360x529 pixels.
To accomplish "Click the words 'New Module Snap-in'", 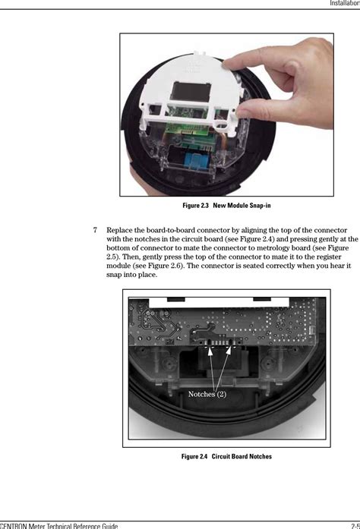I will [242, 206].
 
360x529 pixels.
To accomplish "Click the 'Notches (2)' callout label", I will [207, 394].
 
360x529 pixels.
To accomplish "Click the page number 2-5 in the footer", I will [353, 524].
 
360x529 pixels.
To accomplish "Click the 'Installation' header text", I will [343, 4].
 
